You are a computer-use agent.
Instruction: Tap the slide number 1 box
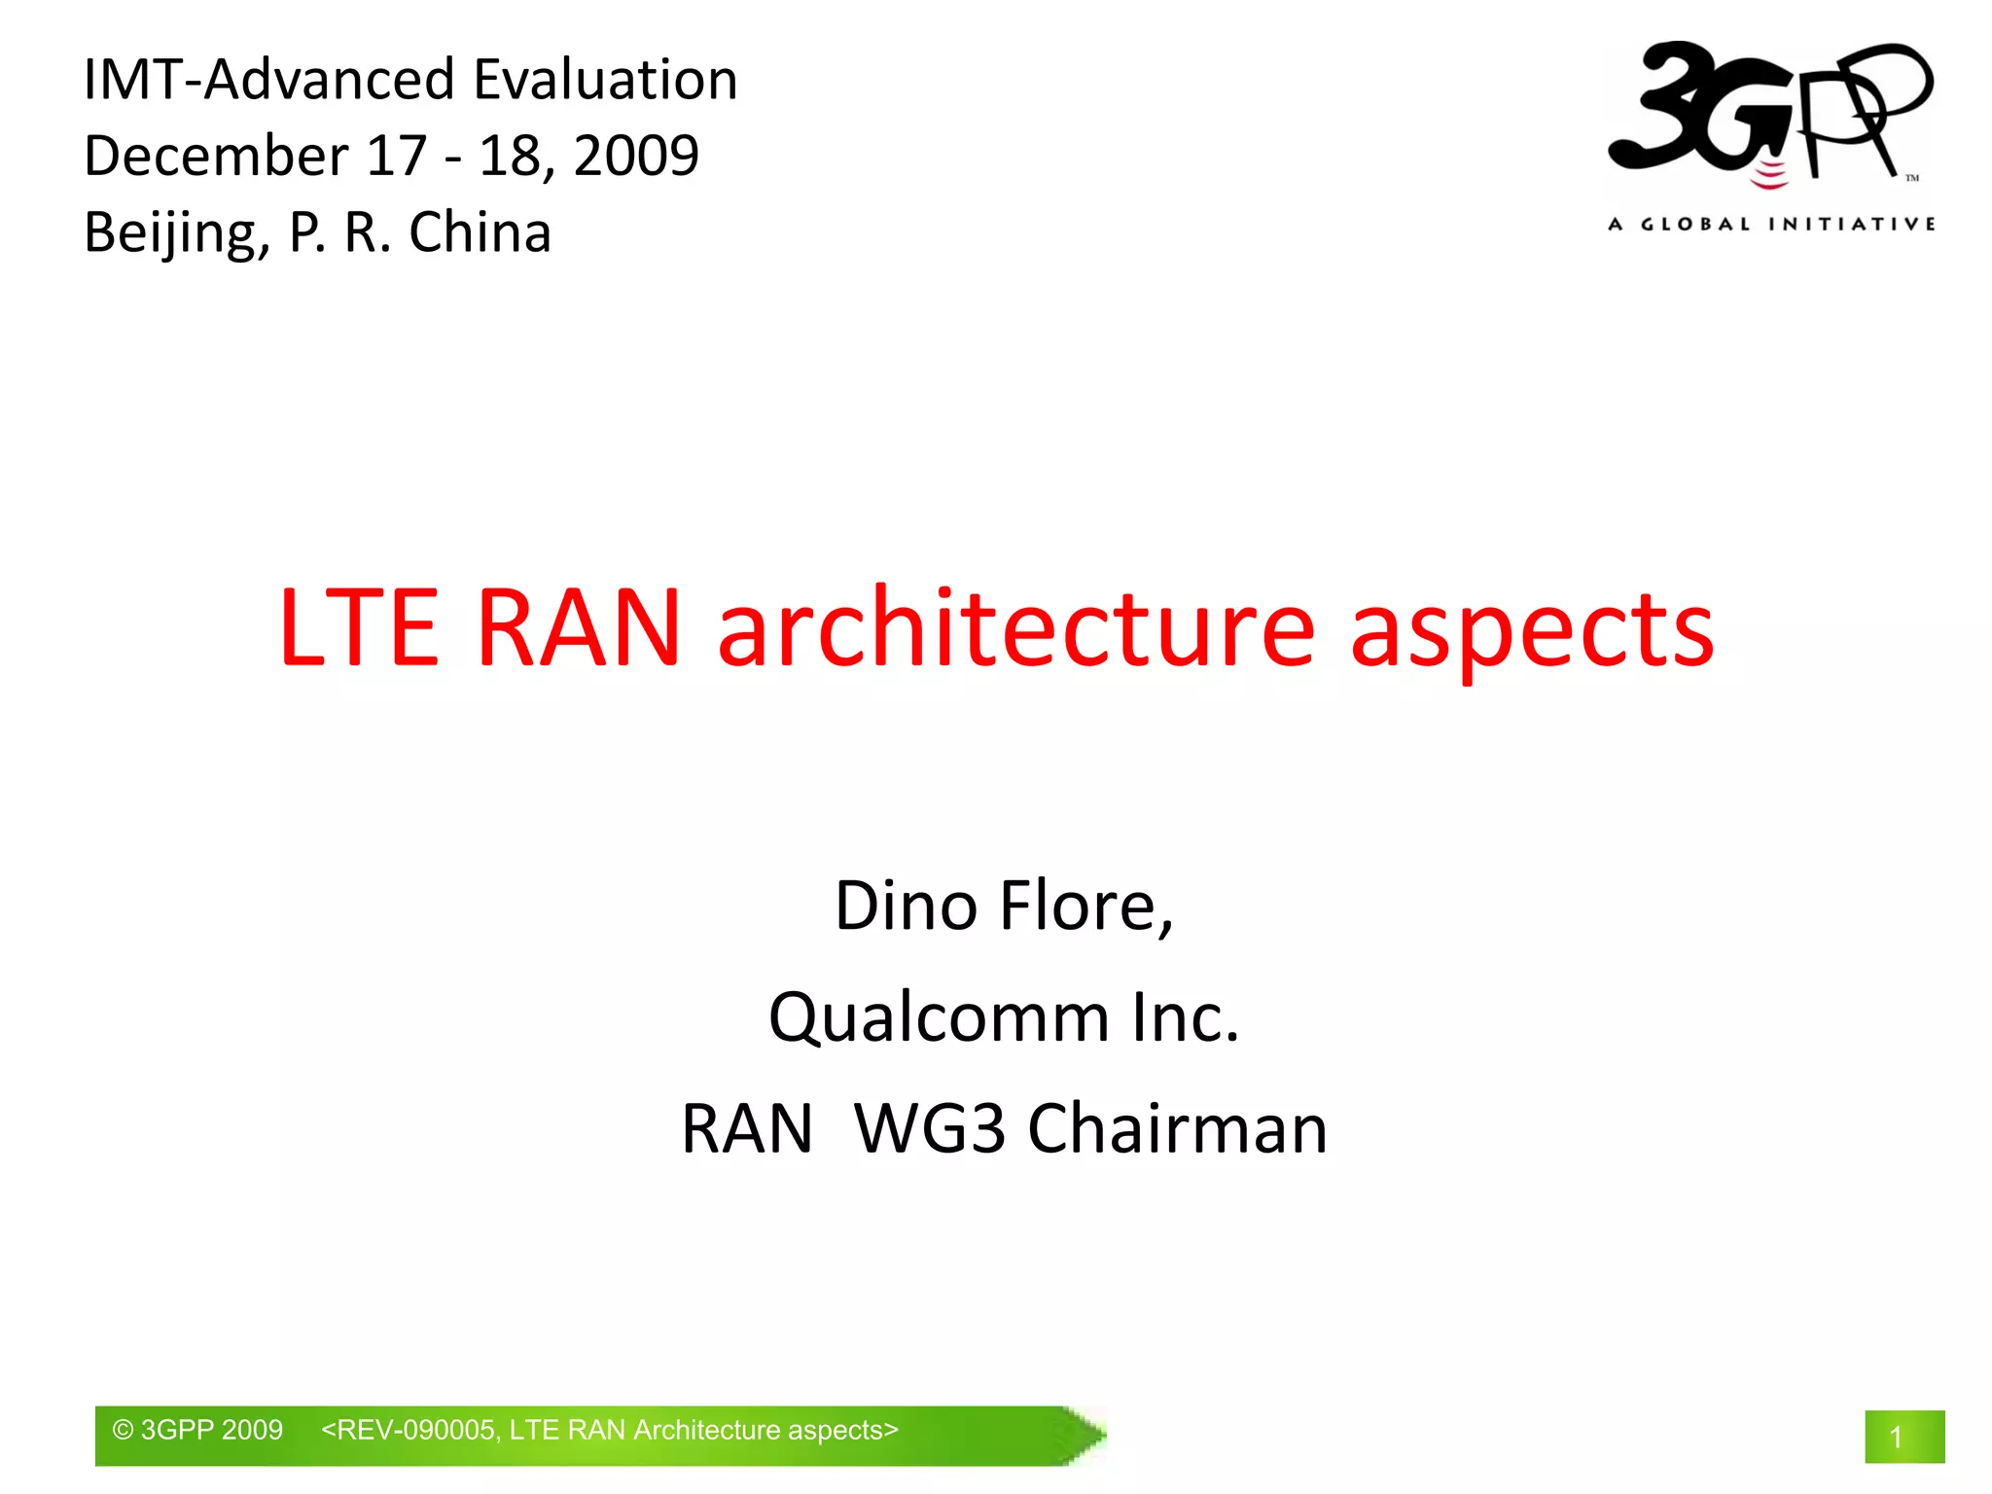[x=1903, y=1436]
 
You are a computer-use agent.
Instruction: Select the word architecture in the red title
[x=1016, y=629]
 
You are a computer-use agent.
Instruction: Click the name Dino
[x=906, y=907]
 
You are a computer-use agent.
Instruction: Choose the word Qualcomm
[x=939, y=1018]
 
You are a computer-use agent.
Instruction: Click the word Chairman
[x=1177, y=1129]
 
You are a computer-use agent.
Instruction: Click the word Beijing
[x=176, y=233]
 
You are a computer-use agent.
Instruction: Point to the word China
[x=480, y=233]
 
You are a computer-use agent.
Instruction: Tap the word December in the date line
[x=216, y=156]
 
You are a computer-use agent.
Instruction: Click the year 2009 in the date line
[x=636, y=156]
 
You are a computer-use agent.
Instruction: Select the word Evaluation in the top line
[x=605, y=80]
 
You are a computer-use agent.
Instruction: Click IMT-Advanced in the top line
[x=268, y=80]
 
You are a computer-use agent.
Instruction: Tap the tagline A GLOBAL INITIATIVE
[x=1771, y=225]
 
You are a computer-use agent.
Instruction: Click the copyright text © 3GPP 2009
[x=197, y=1430]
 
